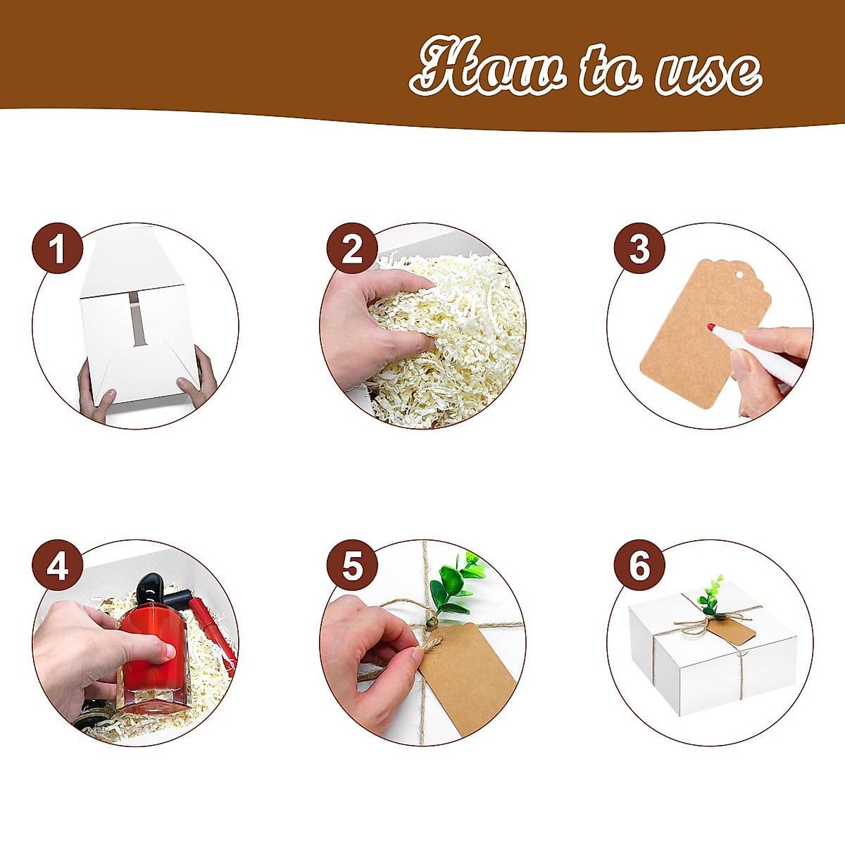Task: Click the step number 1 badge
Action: (58, 249)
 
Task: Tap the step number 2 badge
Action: (351, 249)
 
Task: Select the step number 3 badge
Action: (639, 249)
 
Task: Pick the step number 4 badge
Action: (58, 565)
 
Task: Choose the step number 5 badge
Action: (351, 565)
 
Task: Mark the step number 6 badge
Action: (639, 565)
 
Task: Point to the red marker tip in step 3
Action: (711, 327)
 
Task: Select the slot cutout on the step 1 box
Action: (134, 319)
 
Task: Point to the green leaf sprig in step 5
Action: (455, 584)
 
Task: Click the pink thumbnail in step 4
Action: (169, 651)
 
